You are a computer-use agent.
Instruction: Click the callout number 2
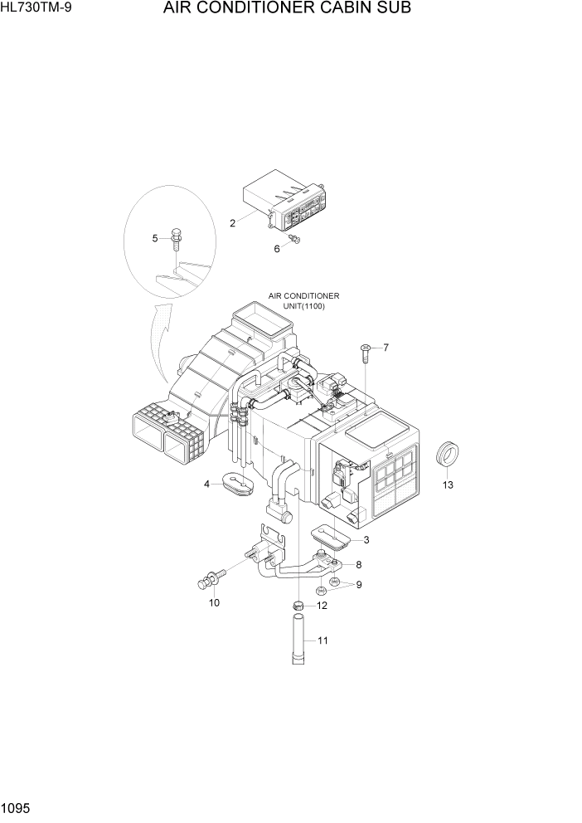233,222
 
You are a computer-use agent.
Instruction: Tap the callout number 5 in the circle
155,239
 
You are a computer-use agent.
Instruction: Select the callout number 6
278,248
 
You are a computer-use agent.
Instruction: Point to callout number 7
386,347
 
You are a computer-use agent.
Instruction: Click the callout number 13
448,485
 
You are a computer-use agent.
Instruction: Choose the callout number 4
206,484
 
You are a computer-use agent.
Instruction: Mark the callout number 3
366,540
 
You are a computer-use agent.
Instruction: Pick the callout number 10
214,602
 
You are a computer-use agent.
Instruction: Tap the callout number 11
323,640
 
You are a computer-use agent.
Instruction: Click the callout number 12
322,606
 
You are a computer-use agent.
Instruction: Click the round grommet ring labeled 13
448,455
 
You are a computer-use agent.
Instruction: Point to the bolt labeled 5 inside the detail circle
176,238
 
